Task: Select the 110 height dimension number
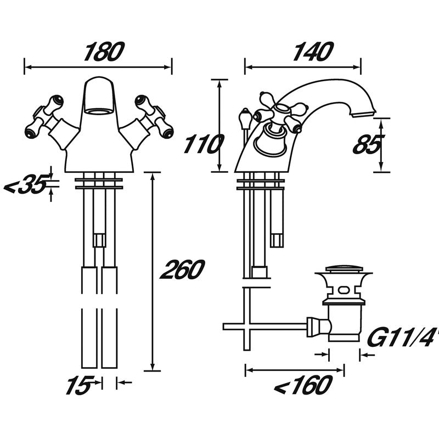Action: coord(202,145)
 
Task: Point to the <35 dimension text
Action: coord(25,187)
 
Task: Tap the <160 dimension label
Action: coord(301,386)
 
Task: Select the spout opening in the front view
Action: coord(99,111)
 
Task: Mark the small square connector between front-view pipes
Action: coord(99,240)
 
